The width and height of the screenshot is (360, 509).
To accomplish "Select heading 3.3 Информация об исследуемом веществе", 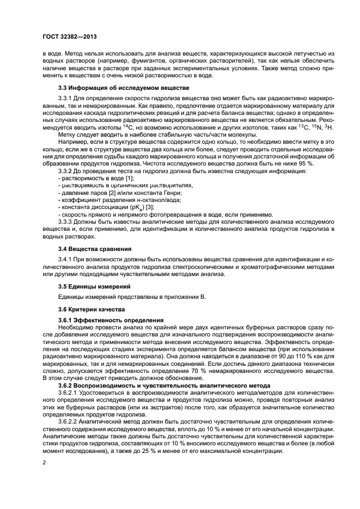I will [x=124, y=88].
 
